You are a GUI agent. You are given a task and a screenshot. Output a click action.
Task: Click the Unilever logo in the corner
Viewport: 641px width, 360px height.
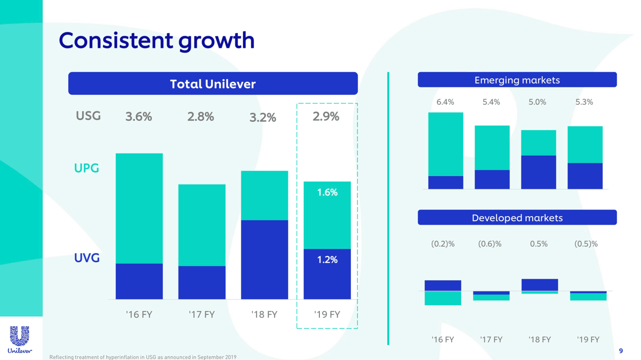click(x=20, y=339)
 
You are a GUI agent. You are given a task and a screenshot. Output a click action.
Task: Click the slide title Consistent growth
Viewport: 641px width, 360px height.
click(x=157, y=40)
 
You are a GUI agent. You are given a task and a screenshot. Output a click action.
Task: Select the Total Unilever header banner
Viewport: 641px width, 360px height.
click(x=213, y=84)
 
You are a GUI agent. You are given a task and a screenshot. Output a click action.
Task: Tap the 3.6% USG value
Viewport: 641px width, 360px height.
click(x=139, y=117)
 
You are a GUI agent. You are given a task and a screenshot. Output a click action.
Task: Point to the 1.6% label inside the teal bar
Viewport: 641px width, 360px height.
click(x=327, y=192)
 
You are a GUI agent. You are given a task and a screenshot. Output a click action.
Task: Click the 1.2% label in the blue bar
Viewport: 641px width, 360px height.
click(x=327, y=260)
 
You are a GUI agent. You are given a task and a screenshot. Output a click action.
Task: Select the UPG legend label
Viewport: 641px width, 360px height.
click(x=87, y=168)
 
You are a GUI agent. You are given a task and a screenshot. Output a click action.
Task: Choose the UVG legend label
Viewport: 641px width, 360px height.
click(x=87, y=258)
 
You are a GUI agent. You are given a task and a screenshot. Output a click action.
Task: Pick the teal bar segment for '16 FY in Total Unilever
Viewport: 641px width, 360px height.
click(x=139, y=208)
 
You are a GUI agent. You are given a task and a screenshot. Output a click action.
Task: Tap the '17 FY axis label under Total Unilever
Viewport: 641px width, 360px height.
click(x=202, y=314)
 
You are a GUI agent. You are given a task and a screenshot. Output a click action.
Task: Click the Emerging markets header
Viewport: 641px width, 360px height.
click(x=517, y=80)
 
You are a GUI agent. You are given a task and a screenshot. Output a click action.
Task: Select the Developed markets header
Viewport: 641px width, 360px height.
click(x=517, y=218)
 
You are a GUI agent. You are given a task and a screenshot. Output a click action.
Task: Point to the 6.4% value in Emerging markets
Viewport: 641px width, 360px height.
click(x=445, y=102)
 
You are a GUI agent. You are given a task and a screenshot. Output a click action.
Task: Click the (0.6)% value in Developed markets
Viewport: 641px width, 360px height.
click(x=490, y=244)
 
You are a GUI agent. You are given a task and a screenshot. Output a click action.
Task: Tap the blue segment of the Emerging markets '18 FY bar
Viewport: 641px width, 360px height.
click(x=538, y=172)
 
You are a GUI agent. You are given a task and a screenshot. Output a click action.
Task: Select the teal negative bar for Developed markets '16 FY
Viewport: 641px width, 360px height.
click(x=443, y=298)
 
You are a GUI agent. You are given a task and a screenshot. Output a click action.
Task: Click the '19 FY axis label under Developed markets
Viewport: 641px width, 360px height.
click(x=588, y=340)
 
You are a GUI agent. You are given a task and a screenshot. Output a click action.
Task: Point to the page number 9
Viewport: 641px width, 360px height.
click(x=621, y=351)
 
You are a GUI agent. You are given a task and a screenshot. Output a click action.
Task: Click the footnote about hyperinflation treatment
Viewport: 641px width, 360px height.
click(x=143, y=357)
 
